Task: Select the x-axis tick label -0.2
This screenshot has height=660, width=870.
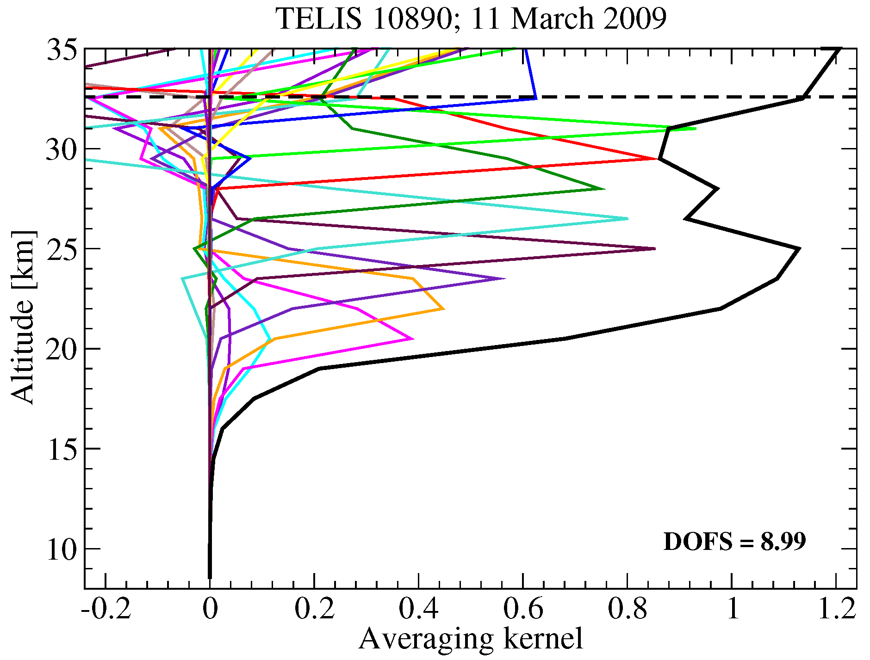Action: point(106,609)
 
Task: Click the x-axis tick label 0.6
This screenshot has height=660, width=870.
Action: point(523,609)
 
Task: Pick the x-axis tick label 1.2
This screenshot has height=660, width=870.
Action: point(836,609)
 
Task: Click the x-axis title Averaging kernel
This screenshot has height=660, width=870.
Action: point(470,639)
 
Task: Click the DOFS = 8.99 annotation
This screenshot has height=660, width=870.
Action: point(734,542)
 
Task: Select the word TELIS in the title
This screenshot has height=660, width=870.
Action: point(318,19)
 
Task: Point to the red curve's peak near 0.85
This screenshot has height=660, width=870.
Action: point(656,159)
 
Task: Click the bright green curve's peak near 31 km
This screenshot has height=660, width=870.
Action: point(695,129)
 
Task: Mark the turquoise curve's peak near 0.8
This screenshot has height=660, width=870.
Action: point(627,219)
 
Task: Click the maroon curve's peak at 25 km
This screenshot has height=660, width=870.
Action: point(654,249)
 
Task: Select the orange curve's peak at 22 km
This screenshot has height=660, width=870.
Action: point(443,309)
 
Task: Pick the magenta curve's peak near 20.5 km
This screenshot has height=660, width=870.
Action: point(412,339)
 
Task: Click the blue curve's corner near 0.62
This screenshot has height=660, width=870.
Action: point(535,98)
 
